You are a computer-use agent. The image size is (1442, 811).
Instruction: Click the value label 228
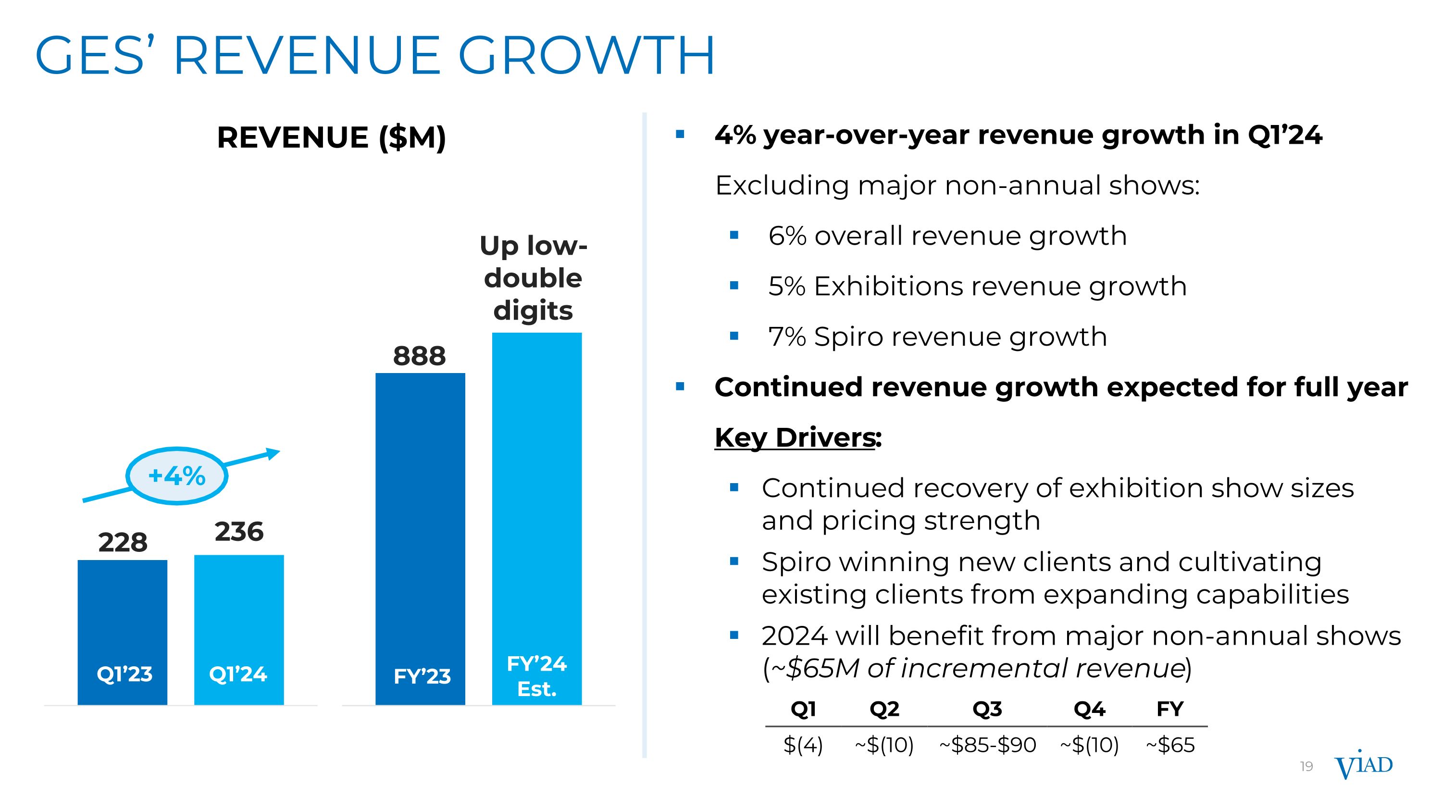pos(123,542)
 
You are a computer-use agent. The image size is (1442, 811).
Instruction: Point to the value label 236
pos(239,532)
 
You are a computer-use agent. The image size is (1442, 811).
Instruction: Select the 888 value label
pos(419,356)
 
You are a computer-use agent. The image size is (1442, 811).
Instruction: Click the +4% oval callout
pos(177,476)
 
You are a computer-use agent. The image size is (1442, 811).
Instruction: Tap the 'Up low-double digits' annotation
pos(533,278)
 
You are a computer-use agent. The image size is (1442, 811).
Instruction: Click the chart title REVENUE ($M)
pos(331,137)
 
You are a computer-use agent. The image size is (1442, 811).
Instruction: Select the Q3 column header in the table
pos(987,709)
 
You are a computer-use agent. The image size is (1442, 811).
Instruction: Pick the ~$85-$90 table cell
pos(987,745)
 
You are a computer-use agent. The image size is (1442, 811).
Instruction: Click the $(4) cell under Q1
pos(803,745)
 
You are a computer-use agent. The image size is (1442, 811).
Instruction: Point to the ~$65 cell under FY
pos(1170,745)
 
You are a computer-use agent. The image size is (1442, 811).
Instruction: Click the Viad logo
pos(1364,765)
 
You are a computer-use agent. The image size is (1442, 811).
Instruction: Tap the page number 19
pos(1306,767)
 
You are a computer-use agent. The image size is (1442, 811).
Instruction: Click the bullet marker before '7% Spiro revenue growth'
pos(734,337)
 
